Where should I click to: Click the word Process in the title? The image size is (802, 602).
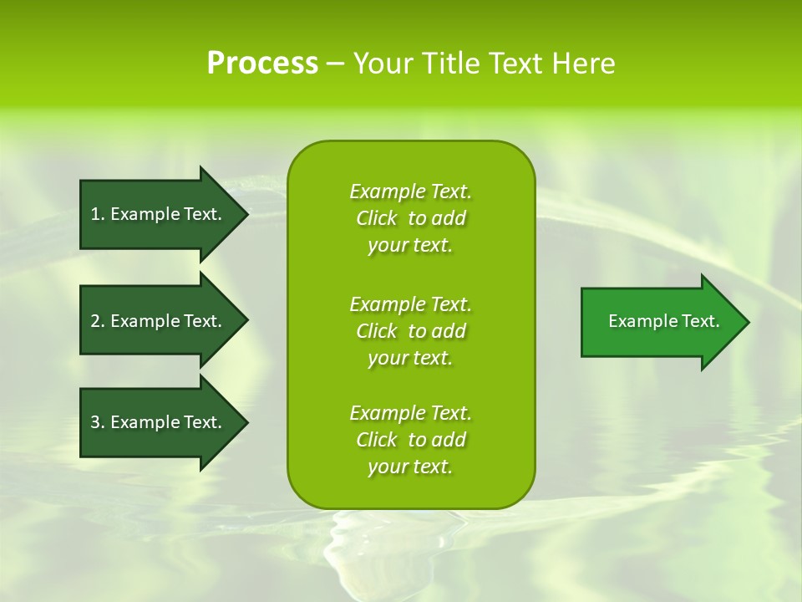coord(262,64)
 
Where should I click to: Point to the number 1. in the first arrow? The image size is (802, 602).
coord(98,214)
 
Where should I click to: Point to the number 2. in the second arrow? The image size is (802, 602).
coord(98,321)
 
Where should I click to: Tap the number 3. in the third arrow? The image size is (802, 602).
coord(98,422)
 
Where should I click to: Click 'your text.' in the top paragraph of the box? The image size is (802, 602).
coord(410,246)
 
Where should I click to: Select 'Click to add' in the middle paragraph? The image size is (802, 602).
coord(410,331)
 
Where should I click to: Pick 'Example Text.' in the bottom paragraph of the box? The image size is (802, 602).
coord(410,413)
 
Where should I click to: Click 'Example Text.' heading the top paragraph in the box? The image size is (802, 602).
coord(410,191)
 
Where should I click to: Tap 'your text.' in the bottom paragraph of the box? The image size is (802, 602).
coord(410,467)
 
